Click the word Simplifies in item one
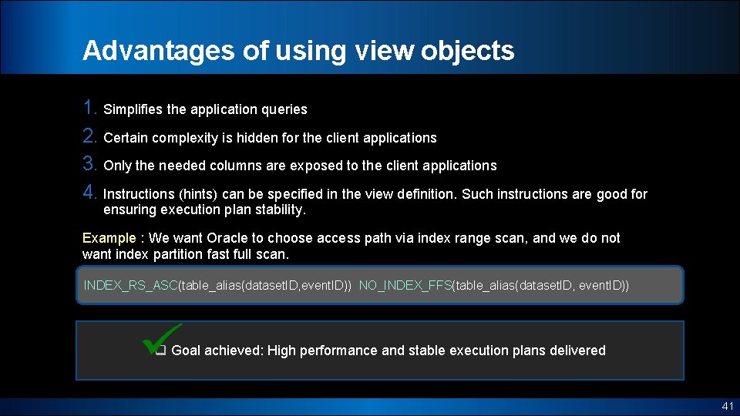coord(133,109)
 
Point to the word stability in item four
coord(281,210)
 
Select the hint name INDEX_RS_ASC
coord(130,286)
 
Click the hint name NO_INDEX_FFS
coord(405,286)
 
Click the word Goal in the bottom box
coord(187,351)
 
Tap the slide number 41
coord(727,406)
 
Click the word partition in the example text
coord(177,253)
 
